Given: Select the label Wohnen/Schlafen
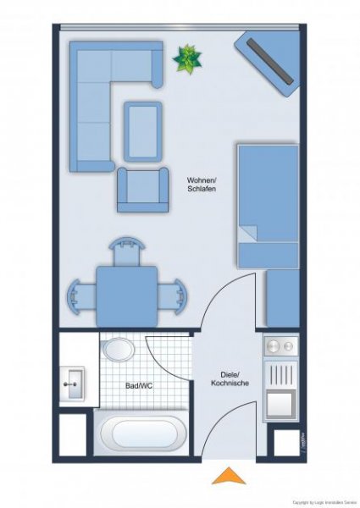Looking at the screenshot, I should coord(202,184).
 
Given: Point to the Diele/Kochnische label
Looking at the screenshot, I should coord(229,378).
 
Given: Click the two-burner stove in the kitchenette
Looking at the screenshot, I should coord(280,345).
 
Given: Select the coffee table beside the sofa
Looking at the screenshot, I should coord(143,130).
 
